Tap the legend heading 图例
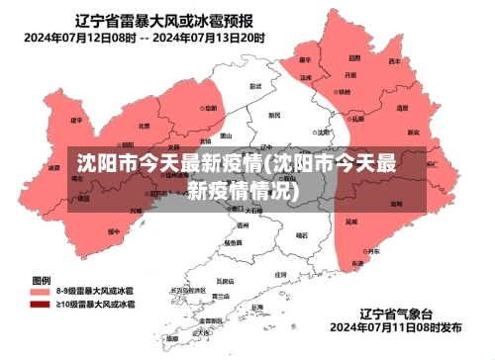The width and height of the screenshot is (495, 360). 41,280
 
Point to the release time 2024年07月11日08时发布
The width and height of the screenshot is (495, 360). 395,326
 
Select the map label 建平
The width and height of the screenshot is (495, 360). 76,121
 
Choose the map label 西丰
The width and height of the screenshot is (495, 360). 395,62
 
